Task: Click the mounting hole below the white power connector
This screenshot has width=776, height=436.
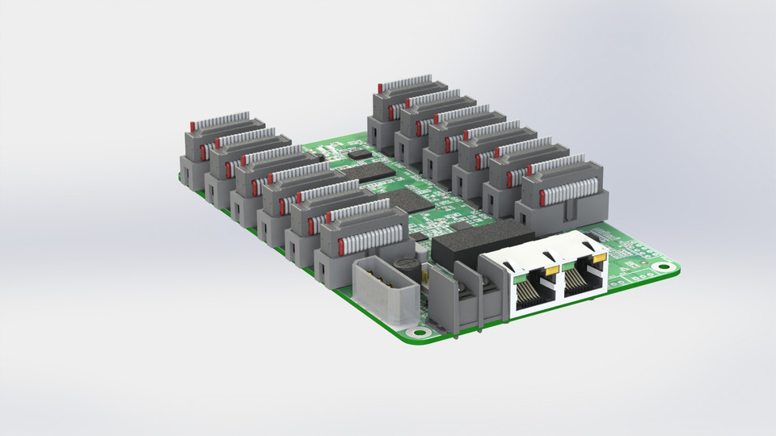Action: tap(417, 332)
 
